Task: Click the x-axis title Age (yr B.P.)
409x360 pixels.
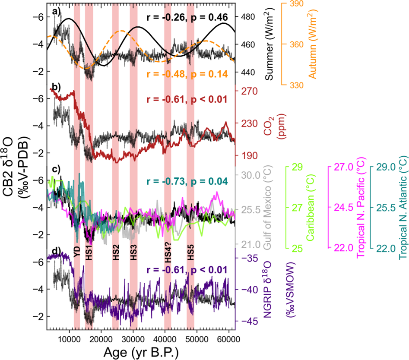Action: (141, 352)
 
